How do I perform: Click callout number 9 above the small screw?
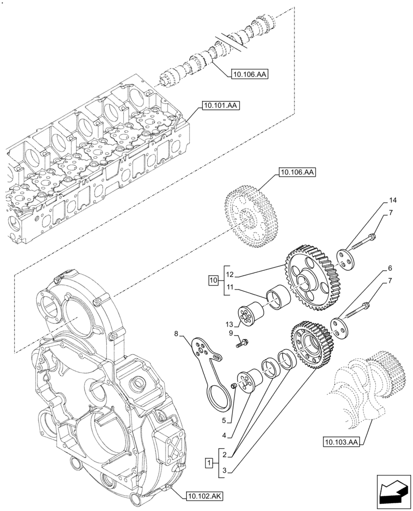(x=231, y=333)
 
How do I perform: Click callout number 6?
(x=390, y=268)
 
